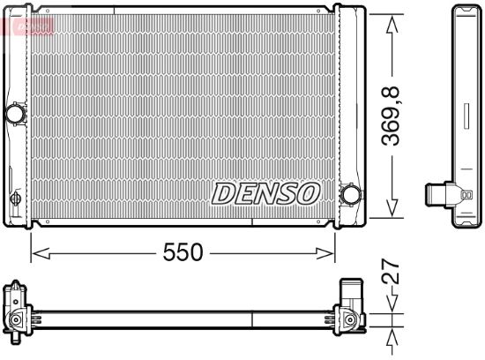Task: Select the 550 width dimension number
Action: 183,253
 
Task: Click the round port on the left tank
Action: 15,114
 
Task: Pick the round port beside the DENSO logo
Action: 350,194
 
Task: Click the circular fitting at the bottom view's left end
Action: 15,319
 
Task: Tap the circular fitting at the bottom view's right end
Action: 350,319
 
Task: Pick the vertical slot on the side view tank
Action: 465,115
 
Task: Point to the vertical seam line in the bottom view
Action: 253,319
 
